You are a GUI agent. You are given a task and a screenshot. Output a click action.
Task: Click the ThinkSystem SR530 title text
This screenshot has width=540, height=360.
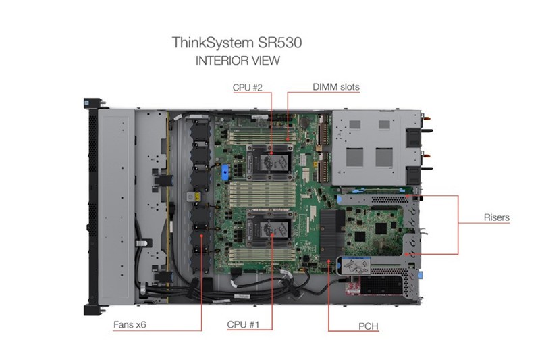tap(237, 43)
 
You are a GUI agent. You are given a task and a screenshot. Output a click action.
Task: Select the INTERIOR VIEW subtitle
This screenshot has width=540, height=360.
tap(238, 61)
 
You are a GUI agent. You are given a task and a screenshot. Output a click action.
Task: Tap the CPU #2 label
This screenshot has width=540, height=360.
tap(247, 88)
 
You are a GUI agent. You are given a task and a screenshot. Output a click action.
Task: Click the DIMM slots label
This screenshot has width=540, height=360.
tap(336, 87)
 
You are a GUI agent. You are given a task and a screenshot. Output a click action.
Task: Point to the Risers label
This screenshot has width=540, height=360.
tap(496, 217)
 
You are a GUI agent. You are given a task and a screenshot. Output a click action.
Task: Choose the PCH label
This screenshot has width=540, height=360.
tap(368, 326)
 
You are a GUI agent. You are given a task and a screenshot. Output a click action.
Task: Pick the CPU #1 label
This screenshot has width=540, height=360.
tap(243, 324)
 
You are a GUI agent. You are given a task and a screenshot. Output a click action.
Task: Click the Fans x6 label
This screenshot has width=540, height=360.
tap(130, 324)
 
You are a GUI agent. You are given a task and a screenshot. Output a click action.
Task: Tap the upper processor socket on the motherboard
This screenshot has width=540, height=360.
tap(269, 162)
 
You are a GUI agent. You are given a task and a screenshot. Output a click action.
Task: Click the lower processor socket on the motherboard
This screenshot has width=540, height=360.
tap(269, 229)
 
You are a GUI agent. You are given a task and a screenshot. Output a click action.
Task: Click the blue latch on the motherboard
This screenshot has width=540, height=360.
tap(225, 172)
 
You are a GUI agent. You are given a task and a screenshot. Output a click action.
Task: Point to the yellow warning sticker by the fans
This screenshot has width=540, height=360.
tap(197, 197)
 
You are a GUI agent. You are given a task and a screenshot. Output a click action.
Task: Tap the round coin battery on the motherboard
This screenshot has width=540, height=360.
tap(304, 122)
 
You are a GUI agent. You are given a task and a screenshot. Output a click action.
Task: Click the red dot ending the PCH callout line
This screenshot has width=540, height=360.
tap(329, 261)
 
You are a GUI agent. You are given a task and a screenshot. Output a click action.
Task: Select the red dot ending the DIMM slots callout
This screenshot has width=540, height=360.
tap(288, 140)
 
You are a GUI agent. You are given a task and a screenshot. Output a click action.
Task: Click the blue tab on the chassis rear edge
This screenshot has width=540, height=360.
tap(420, 275)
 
